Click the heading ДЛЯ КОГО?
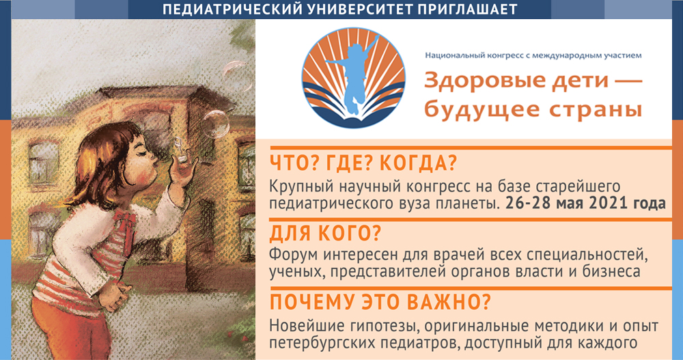tap(326, 234)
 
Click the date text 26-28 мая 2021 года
tap(587, 204)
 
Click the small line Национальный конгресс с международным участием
tap(533, 54)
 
